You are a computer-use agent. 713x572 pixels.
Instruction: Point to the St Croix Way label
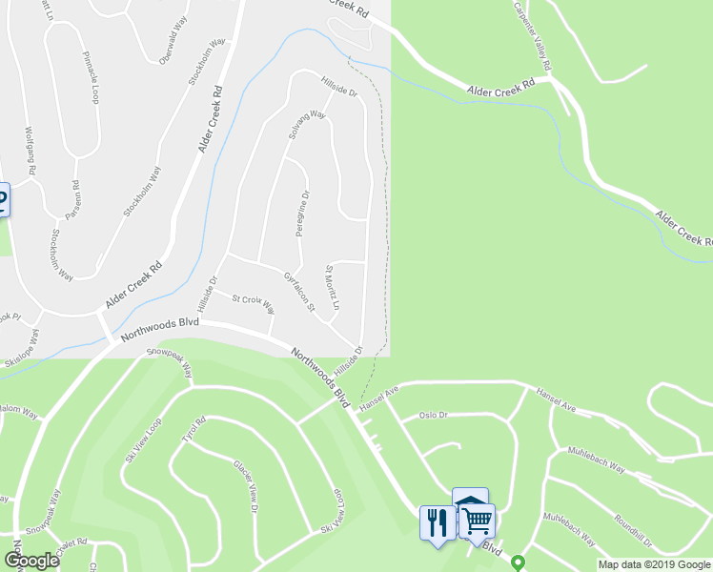(254, 304)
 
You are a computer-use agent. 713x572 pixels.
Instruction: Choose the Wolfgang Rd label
(30, 150)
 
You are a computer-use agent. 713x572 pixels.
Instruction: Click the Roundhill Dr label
(633, 530)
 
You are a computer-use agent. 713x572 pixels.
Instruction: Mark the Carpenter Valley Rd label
(532, 36)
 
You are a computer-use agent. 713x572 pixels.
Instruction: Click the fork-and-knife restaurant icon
(438, 522)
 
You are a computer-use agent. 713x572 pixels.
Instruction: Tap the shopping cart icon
(478, 521)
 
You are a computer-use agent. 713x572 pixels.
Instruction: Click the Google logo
(31, 561)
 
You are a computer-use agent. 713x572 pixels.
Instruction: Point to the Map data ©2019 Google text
(654, 564)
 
